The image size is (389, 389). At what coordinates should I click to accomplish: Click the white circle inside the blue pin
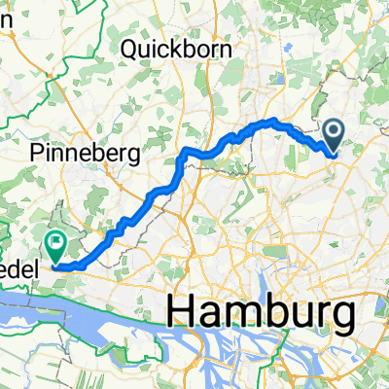tap(333, 130)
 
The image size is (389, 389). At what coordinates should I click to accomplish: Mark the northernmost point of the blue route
tap(273, 121)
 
